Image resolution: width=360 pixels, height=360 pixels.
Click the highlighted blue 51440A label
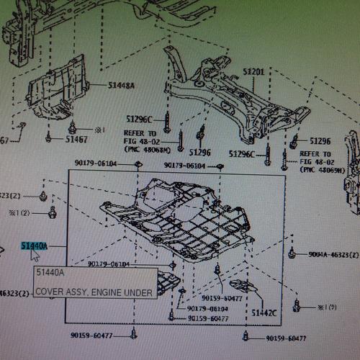33,246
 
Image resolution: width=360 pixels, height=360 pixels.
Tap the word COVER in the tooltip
49,292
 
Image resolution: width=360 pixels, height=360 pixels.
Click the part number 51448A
122,85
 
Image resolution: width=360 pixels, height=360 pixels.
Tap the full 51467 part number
76,138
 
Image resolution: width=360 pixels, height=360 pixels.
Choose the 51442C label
264,313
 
